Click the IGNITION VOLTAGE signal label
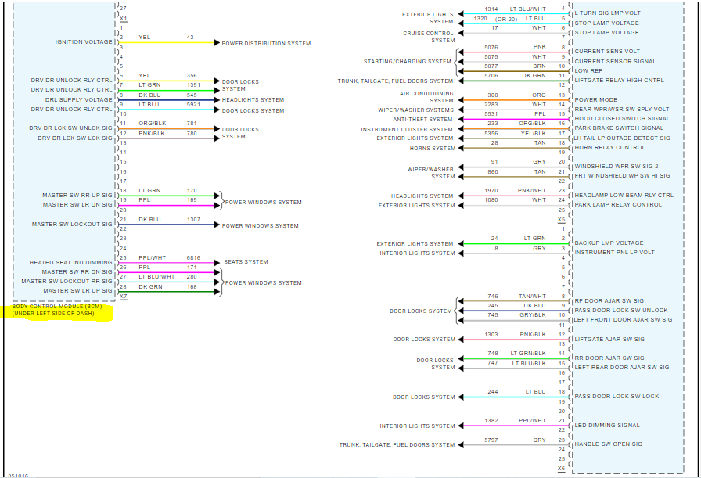click(84, 42)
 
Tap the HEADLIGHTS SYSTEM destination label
click(253, 100)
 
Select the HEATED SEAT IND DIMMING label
click(71, 263)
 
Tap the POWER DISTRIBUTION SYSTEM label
click(266, 44)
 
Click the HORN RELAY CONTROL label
click(610, 148)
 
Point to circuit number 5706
click(491, 76)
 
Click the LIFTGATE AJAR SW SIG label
click(609, 340)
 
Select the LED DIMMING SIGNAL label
click(606, 426)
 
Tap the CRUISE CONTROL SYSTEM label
click(429, 37)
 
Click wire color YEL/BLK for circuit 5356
click(534, 134)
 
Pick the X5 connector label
click(561, 220)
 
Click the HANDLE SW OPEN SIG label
click(608, 444)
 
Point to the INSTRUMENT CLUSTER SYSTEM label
click(407, 130)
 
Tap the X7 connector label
click(123, 297)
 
